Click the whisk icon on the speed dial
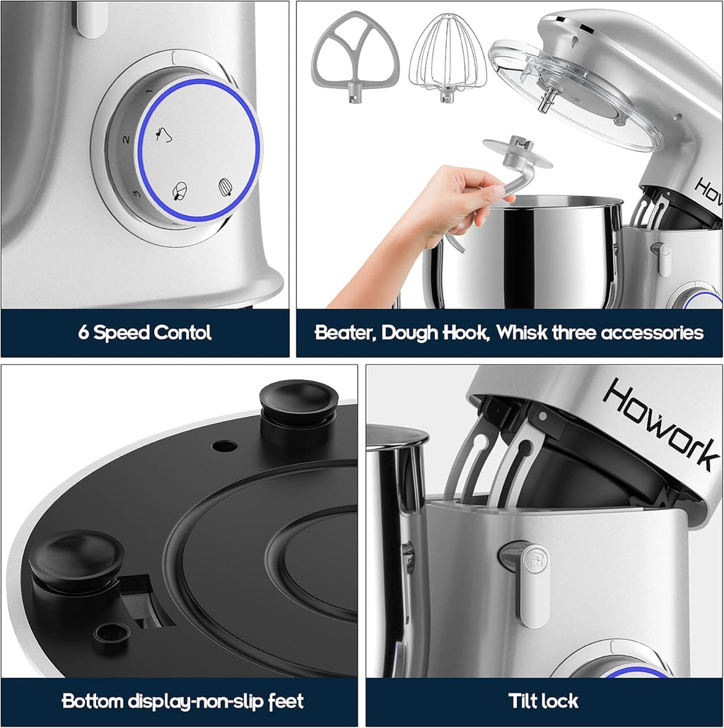point(226,187)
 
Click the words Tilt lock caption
point(543,701)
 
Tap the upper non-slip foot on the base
point(298,403)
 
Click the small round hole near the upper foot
point(224,446)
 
